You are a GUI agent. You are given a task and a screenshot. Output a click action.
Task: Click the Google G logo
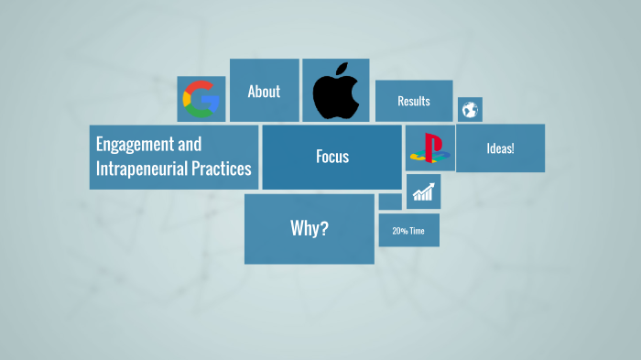click(201, 98)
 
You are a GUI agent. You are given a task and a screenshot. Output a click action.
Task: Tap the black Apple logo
click(335, 93)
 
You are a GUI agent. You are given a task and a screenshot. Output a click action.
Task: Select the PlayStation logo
click(429, 147)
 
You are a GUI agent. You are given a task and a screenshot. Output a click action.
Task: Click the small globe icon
click(470, 110)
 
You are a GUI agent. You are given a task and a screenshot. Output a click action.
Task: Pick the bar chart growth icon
click(423, 191)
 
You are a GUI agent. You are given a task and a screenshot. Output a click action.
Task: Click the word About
click(264, 92)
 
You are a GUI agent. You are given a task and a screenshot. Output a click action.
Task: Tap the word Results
click(414, 101)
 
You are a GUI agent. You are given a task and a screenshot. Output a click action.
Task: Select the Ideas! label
click(500, 148)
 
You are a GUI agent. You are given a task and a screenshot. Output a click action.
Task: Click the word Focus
click(332, 157)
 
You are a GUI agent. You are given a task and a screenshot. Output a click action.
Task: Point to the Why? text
click(309, 228)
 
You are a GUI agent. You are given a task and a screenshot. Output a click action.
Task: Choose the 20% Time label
click(408, 231)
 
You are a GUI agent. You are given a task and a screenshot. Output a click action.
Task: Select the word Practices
click(221, 169)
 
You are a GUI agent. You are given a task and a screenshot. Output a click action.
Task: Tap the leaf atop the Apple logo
click(341, 68)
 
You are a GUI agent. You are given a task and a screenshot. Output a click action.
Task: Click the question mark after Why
click(324, 228)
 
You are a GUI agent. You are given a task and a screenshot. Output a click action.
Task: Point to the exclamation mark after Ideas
click(513, 148)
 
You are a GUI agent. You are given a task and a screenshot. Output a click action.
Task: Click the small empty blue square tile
click(390, 201)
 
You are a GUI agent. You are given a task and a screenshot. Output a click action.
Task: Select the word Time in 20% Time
click(417, 231)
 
